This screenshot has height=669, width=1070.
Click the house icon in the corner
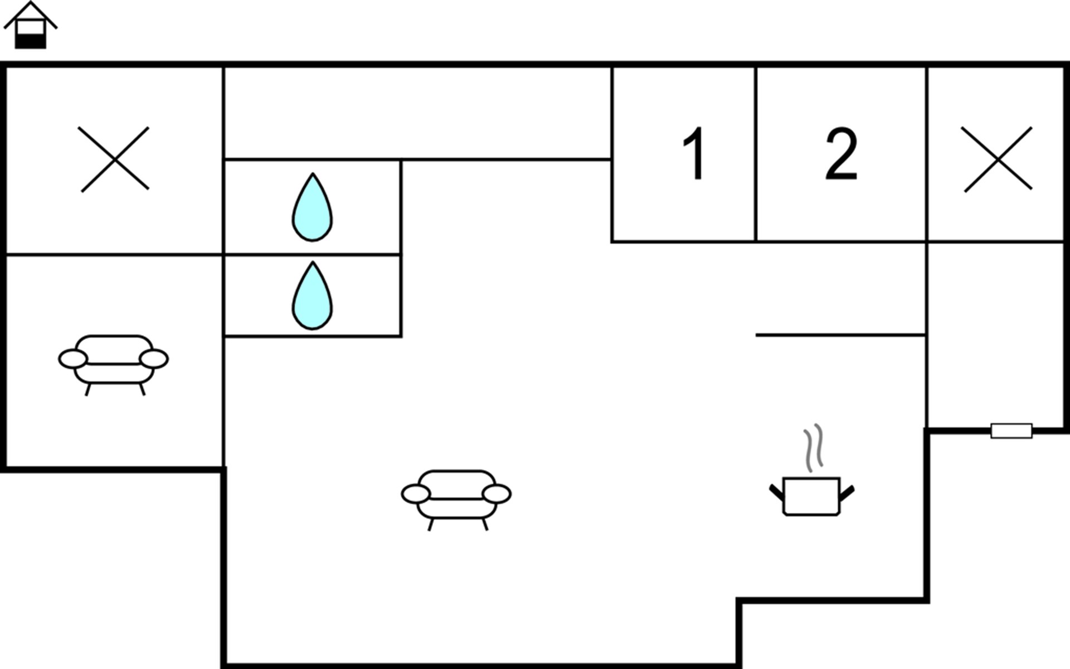point(31,25)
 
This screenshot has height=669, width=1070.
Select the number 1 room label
point(694,153)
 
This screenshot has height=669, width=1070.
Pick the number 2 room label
point(841,153)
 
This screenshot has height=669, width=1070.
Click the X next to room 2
point(997,159)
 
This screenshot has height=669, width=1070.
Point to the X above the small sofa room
point(114,159)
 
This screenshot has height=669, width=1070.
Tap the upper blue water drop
point(312,207)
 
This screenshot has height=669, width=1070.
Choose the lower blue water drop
point(312,296)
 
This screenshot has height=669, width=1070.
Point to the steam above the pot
point(813,447)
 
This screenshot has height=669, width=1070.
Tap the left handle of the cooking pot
point(777,493)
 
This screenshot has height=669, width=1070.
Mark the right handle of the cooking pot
point(847,493)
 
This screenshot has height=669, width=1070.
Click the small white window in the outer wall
point(1011,431)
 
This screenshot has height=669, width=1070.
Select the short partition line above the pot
point(841,335)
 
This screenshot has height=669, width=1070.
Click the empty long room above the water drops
point(417,113)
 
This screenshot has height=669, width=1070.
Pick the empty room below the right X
point(995,335)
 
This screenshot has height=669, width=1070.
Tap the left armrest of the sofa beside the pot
point(416,494)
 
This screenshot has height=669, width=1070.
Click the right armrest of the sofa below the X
point(154,358)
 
